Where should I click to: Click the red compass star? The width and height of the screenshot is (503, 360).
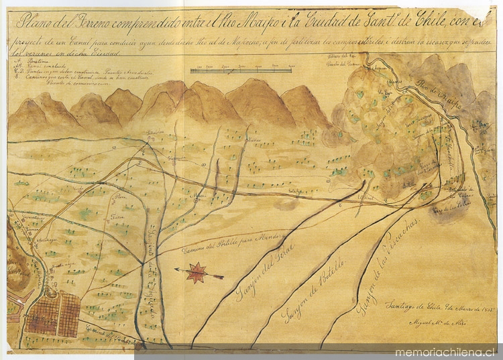197,272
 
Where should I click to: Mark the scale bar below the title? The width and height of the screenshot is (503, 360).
242,69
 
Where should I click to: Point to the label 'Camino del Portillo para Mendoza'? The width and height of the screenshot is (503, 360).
234,244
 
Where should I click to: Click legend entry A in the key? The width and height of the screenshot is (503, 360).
34,58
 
